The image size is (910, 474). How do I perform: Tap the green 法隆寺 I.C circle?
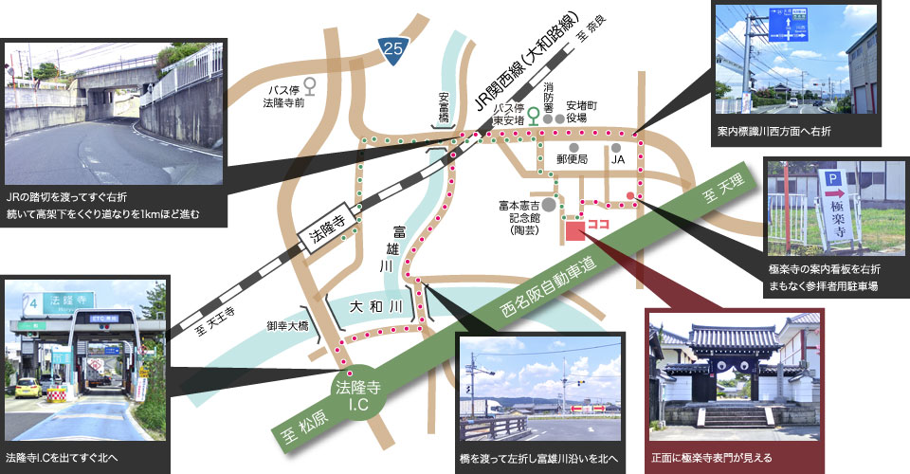358,391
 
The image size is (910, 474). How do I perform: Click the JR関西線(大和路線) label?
533,68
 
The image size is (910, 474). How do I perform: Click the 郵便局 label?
573,159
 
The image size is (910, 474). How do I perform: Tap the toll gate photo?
86,359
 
